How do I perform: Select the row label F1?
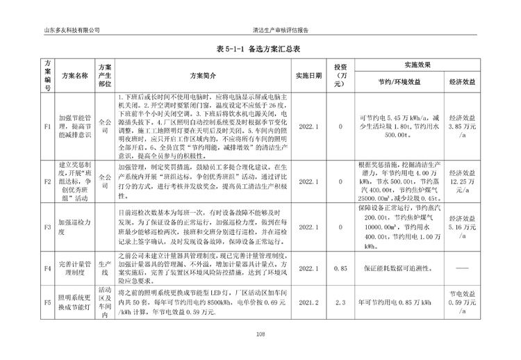[47, 127]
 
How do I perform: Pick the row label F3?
[47, 227]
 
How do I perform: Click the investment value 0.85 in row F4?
[340, 268]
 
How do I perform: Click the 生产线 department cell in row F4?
[105, 268]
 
